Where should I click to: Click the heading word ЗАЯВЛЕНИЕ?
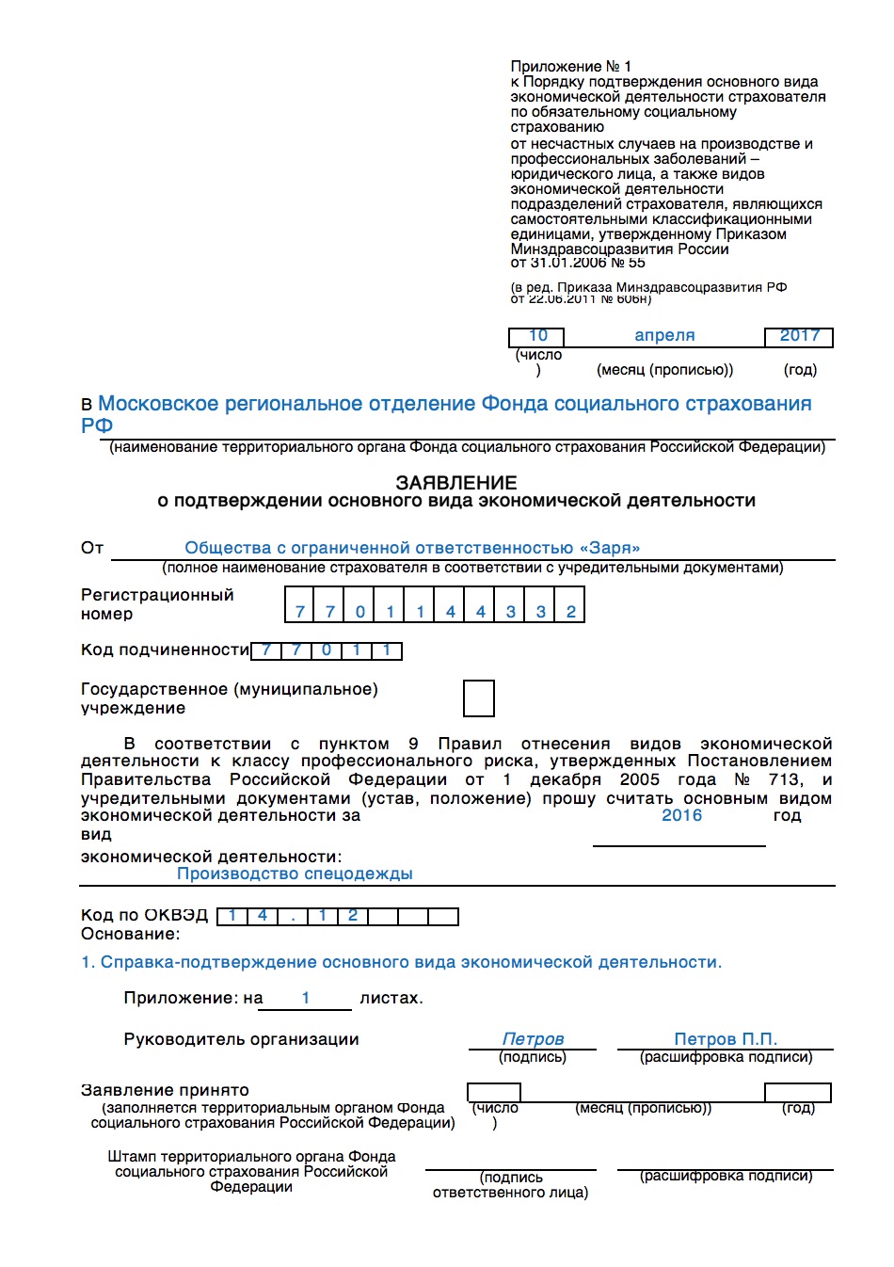pos(455,482)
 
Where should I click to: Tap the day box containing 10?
pos(537,336)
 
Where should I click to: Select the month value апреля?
pos(664,335)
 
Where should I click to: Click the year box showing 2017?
pos(799,336)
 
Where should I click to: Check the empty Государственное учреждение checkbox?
pos(478,698)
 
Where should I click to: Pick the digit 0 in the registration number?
pos(359,611)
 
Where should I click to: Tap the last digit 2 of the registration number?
pos(570,611)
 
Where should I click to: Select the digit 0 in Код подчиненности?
pos(327,650)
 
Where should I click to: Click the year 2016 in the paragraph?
pos(681,815)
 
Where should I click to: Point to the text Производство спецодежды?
pos(295,874)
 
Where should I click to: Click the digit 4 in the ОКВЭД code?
pos(262,916)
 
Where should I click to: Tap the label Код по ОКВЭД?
pos(144,915)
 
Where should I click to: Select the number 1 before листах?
pos(306,997)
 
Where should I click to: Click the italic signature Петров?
pos(533,1038)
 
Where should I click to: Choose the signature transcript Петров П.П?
pos(725,1038)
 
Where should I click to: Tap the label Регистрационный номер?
pos(156,604)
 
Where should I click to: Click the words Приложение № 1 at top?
pos(570,66)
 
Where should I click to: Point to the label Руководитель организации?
pos(241,1039)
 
